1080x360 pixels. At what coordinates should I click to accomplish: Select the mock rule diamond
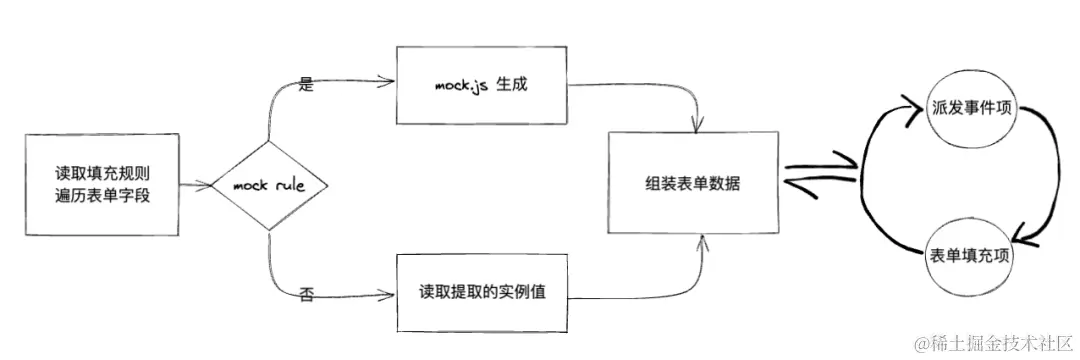pyautogui.click(x=269, y=185)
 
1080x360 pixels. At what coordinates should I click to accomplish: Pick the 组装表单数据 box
pyautogui.click(x=693, y=184)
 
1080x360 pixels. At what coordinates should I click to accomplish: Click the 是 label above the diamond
pyautogui.click(x=307, y=85)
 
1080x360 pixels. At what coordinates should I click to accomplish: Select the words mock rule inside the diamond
pyautogui.click(x=269, y=185)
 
